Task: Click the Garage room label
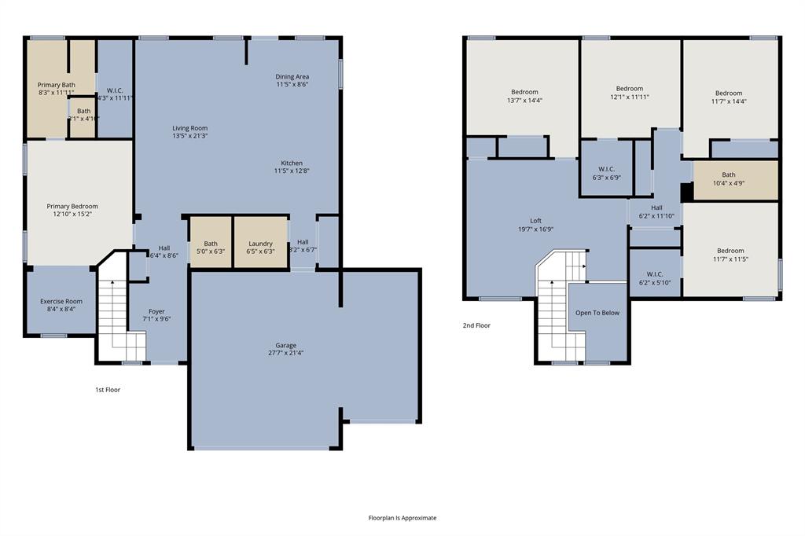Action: [285, 344]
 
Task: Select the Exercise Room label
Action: [61, 301]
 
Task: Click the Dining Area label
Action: [292, 76]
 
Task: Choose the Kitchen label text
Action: [292, 163]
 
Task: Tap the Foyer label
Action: [156, 311]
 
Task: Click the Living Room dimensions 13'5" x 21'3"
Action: [189, 137]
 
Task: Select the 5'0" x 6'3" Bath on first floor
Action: [211, 248]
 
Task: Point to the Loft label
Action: [535, 221]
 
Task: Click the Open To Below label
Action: [597, 313]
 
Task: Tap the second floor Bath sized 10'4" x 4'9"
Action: [729, 179]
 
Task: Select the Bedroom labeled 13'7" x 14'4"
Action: [524, 96]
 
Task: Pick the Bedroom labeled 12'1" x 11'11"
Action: [629, 93]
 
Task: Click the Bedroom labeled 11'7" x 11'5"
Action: [729, 255]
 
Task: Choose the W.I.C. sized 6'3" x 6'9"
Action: [606, 173]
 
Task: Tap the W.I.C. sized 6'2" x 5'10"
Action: [655, 278]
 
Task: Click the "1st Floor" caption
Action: [107, 389]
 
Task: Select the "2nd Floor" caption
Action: [476, 325]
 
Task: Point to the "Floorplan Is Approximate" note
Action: [402, 518]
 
